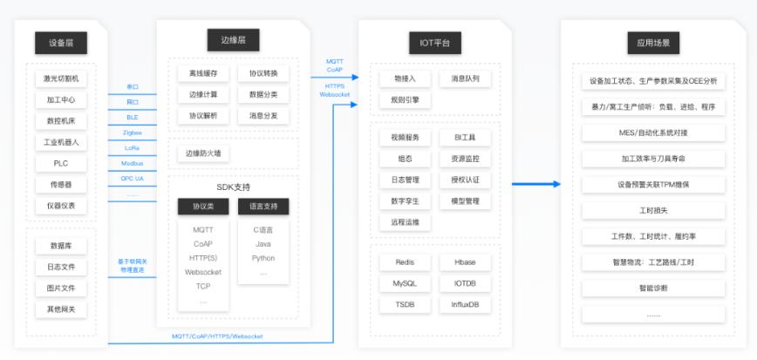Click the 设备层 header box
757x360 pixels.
[61, 43]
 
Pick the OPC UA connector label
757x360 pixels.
[133, 178]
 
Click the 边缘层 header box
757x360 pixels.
[233, 40]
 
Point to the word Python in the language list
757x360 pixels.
[263, 258]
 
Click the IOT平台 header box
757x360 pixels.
[434, 43]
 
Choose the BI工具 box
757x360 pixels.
[465, 138]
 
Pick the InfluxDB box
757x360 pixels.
[465, 304]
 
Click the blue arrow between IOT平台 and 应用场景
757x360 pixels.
[535, 184]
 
